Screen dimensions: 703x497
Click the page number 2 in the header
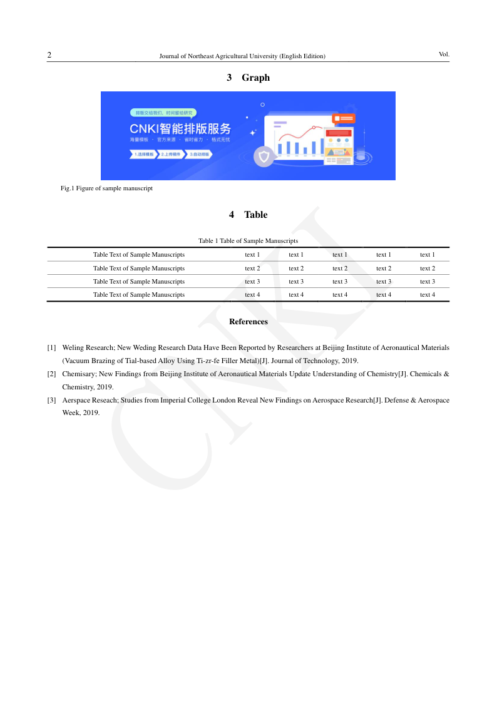coord(49,55)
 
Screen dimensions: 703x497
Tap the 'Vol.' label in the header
coord(444,54)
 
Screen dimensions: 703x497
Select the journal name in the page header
coord(242,56)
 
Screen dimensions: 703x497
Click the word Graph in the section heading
coord(255,78)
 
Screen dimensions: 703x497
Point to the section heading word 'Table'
coord(255,215)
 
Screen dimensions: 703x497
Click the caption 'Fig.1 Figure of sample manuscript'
coord(106,188)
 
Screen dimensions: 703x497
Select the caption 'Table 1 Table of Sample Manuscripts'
coord(248,240)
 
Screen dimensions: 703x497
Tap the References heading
coord(248,322)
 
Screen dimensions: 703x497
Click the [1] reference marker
coord(52,347)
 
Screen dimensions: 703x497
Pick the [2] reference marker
coord(52,374)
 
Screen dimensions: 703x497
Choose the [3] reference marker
coord(52,400)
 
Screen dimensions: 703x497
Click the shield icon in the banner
coord(264,156)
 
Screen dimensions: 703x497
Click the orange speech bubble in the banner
coord(344,118)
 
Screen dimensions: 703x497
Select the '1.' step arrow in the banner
coord(143,153)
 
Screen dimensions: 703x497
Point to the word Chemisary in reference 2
coord(78,374)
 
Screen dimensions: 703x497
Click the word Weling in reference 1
coord(74,347)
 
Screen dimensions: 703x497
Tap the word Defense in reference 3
coord(394,400)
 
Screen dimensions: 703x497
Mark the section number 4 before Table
coord(232,215)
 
